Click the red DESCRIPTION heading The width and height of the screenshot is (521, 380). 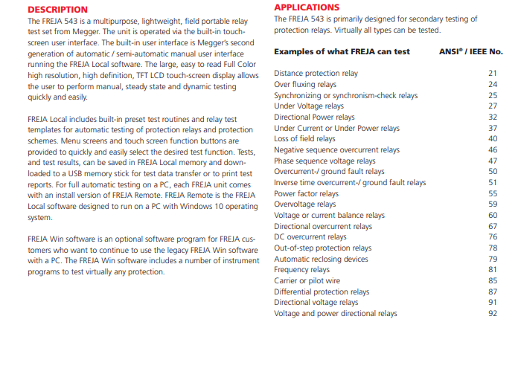[57, 10]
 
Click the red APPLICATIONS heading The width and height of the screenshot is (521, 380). [307, 7]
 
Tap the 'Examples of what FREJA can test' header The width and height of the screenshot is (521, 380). [342, 52]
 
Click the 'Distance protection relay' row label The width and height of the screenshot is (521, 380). [316, 74]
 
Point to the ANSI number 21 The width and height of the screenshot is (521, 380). [493, 74]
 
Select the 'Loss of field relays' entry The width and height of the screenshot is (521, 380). [304, 139]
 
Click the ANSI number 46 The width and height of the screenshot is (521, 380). [493, 150]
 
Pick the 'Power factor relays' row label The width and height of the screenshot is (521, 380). [306, 193]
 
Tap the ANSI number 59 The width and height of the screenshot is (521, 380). [493, 205]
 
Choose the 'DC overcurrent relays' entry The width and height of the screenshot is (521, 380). [310, 237]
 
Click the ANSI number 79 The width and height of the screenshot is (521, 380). [493, 259]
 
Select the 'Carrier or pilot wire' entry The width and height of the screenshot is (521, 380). [307, 281]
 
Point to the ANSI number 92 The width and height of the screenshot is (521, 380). [493, 314]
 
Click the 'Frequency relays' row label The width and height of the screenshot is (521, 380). [301, 270]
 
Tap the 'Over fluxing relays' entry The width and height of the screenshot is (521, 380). [305, 85]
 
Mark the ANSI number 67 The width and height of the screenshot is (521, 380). [493, 226]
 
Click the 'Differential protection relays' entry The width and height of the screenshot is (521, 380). [322, 292]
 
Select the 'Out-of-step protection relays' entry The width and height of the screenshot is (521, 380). [322, 248]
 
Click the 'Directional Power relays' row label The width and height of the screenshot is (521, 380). [314, 117]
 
